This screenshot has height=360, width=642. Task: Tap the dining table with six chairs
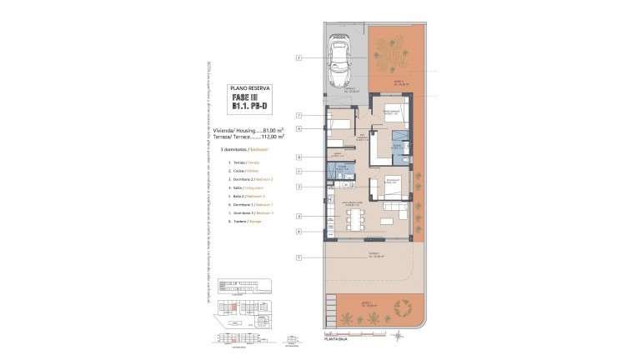tap(354, 220)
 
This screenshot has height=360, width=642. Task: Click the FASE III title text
tap(248, 98)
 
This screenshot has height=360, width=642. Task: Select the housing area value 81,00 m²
tap(273, 131)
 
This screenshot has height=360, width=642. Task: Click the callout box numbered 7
tap(298, 115)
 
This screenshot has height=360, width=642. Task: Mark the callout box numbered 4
tap(298, 231)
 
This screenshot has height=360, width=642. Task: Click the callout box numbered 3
tap(298, 187)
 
